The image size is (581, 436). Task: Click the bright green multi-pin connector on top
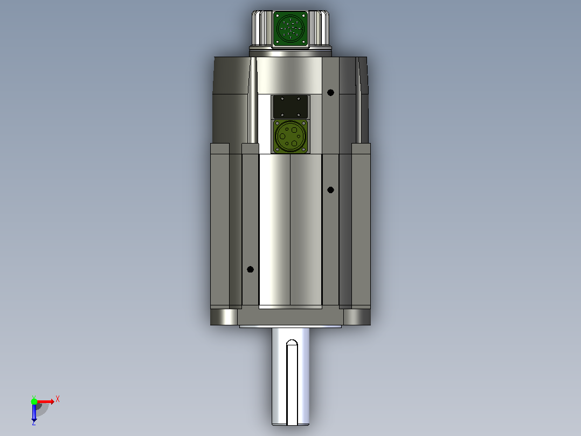coord(290,29)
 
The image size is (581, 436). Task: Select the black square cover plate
coord(290,107)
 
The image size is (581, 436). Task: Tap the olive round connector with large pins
coord(290,136)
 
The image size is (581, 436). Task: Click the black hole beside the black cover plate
coord(330,92)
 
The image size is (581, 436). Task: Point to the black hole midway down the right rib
coord(330,190)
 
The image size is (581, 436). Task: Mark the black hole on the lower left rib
coord(250,269)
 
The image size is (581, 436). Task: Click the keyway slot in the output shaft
coord(292,382)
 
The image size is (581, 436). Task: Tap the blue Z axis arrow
coord(34,413)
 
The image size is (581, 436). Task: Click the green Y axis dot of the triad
coord(34,401)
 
